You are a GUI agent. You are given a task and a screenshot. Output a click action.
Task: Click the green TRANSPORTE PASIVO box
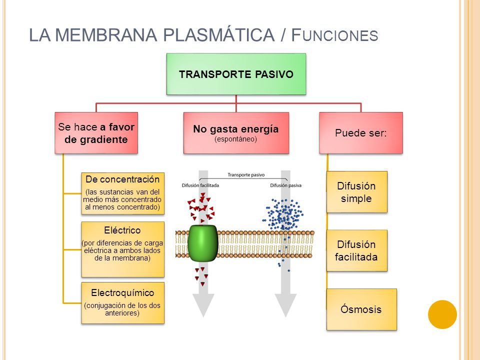pyautogui.click(x=236, y=74)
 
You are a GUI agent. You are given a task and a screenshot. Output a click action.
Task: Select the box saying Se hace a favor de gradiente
pyautogui.click(x=96, y=133)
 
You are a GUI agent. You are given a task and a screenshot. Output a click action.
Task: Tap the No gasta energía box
pyautogui.click(x=236, y=133)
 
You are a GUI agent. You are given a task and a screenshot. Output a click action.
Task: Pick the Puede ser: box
pyautogui.click(x=361, y=133)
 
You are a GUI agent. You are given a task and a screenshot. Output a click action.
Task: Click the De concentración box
pyautogui.click(x=123, y=193)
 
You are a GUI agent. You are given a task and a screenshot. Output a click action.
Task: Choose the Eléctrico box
pyautogui.click(x=123, y=249)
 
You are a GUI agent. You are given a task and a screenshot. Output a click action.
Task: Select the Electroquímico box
pyautogui.click(x=123, y=303)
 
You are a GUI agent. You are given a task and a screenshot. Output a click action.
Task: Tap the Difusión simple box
pyautogui.click(x=356, y=192)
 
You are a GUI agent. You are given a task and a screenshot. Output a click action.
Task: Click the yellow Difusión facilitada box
pyautogui.click(x=356, y=250)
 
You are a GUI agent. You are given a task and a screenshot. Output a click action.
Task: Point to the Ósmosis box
pyautogui.click(x=361, y=309)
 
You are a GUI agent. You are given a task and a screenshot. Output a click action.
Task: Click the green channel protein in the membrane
pyautogui.click(x=202, y=243)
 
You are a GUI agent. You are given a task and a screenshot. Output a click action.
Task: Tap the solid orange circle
pyautogui.click(x=442, y=314)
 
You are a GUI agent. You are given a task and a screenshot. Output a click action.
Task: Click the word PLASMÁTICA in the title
pyautogui.click(x=218, y=35)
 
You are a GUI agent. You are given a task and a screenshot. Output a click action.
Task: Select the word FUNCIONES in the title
pyautogui.click(x=334, y=35)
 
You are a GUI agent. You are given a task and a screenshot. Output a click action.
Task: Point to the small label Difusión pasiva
pyautogui.click(x=285, y=185)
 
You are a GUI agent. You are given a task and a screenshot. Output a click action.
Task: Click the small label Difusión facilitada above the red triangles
pyautogui.click(x=200, y=185)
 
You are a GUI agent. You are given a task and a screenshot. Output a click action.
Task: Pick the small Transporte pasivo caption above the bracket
pyautogui.click(x=246, y=175)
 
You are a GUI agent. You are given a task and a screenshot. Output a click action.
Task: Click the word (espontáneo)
pyautogui.click(x=235, y=139)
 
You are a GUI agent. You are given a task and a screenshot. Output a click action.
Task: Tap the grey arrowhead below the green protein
pyautogui.click(x=203, y=305)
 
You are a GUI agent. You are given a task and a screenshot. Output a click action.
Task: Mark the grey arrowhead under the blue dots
pyautogui.click(x=285, y=305)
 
